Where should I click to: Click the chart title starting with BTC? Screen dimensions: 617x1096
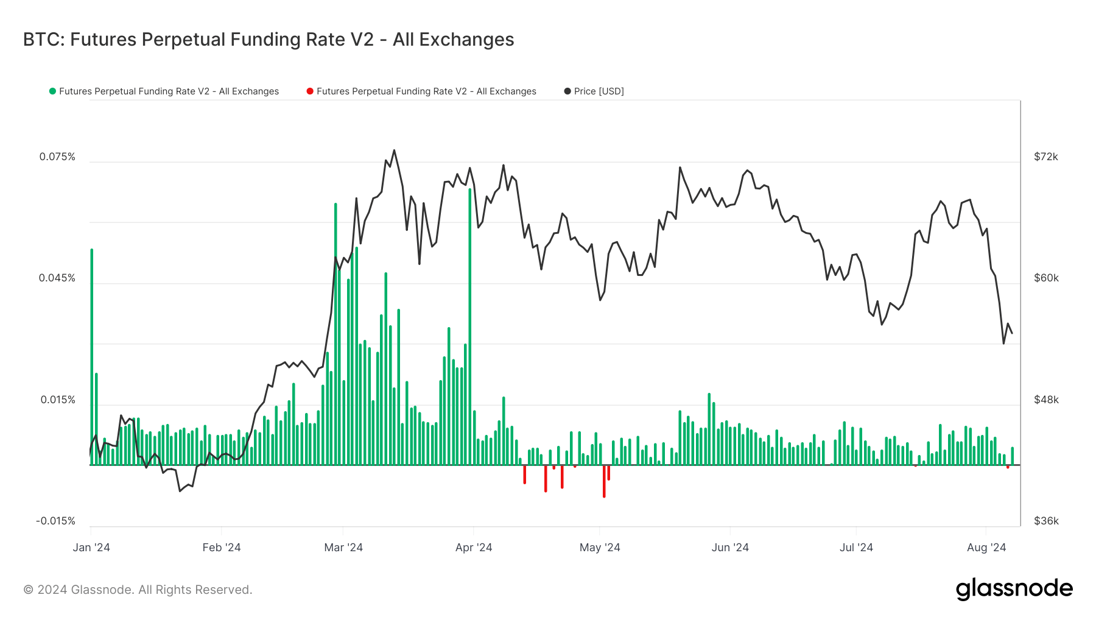point(269,40)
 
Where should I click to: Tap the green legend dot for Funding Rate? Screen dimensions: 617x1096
point(52,91)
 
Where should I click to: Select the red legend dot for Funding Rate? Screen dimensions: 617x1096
point(310,91)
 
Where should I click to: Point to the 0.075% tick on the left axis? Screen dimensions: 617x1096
point(57,157)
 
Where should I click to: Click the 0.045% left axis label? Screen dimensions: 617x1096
point(57,278)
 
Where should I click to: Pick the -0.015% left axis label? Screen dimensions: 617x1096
point(55,521)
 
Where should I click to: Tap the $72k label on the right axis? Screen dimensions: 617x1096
point(1046,157)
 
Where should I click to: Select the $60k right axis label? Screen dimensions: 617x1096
point(1046,278)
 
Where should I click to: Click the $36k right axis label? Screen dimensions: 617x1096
point(1046,521)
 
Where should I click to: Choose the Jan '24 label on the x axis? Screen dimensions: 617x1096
point(91,548)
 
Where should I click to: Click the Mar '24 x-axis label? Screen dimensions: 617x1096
point(343,548)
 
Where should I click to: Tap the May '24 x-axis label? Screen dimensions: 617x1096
point(600,548)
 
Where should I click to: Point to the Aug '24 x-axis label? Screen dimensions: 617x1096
point(986,548)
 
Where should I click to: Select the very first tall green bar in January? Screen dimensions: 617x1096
point(92,353)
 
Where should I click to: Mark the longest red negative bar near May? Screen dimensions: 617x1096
point(604,481)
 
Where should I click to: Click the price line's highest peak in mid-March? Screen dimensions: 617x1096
point(394,150)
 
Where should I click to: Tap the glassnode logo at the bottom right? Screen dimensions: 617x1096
point(1014,589)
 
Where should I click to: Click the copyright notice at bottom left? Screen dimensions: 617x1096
point(138,590)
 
